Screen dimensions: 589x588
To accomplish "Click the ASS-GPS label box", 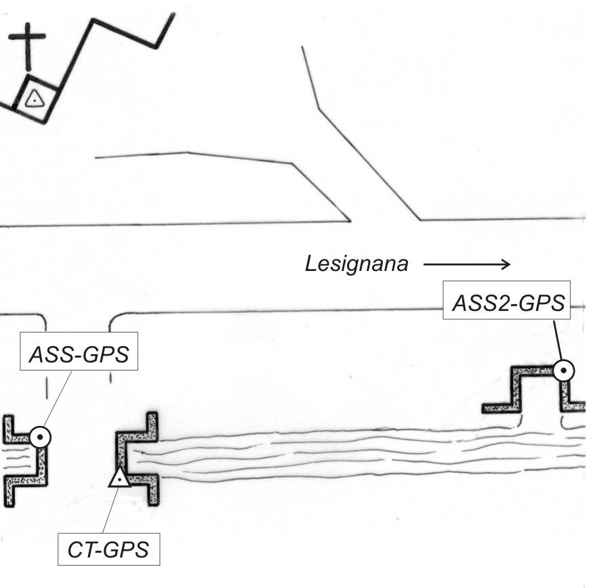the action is tap(79, 351).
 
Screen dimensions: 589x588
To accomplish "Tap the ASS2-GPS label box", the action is tap(506, 300).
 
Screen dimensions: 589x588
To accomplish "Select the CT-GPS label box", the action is tap(108, 549).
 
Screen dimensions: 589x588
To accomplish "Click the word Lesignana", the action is tap(357, 264).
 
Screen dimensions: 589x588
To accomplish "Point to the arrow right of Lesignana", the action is tap(467, 264).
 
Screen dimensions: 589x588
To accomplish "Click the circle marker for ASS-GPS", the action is tap(40, 438).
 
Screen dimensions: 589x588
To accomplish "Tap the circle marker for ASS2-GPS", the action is tap(563, 371).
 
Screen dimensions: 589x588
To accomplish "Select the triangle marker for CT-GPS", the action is tap(120, 478).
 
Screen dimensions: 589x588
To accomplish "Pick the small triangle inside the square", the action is tap(35, 100).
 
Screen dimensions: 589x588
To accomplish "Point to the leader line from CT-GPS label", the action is tap(110, 510).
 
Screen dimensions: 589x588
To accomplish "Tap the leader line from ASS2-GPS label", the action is tap(558, 340).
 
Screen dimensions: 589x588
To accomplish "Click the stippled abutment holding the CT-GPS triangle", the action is tap(137, 459).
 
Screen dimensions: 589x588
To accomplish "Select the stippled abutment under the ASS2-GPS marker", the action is tap(533, 390).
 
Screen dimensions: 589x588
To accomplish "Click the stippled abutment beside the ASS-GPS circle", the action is tap(26, 461).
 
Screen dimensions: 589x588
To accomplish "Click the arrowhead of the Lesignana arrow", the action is tap(506, 264).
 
